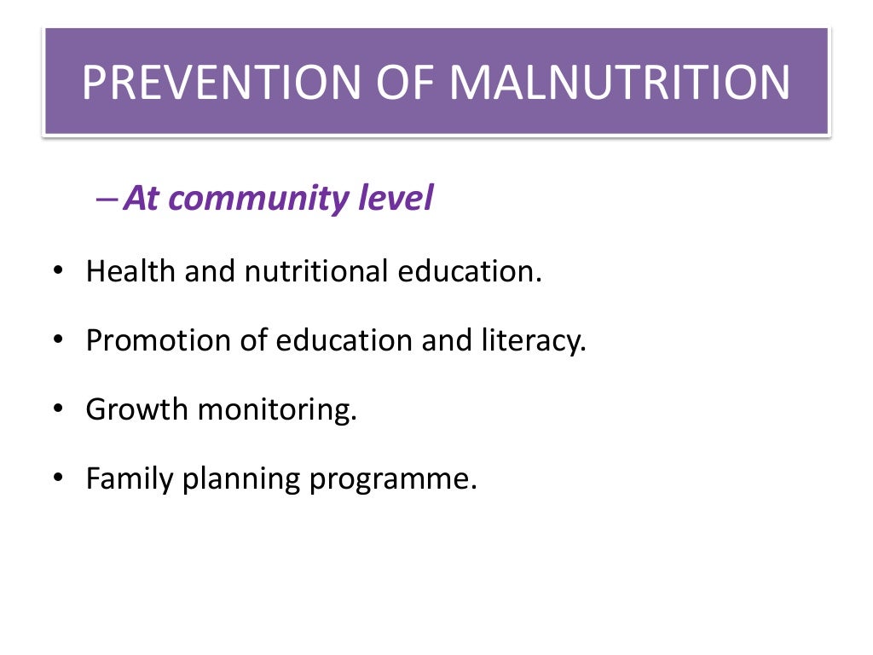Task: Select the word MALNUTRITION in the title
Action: (620, 83)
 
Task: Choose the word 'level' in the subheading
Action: (398, 200)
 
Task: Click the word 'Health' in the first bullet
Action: (130, 272)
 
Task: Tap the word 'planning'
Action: (242, 479)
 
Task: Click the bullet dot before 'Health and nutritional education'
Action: (57, 273)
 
